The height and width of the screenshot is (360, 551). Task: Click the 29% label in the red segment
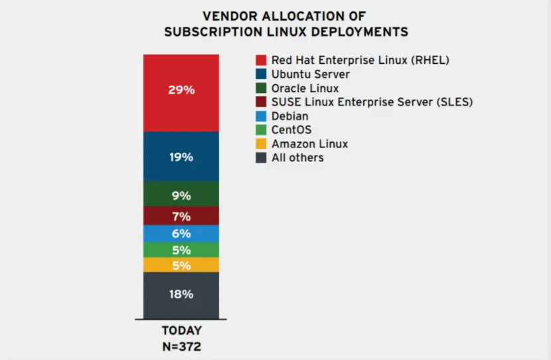tap(181, 90)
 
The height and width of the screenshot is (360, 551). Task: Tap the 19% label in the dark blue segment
tap(181, 157)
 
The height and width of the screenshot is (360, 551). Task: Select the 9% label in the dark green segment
tap(181, 196)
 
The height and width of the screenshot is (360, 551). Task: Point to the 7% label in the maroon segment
tap(181, 217)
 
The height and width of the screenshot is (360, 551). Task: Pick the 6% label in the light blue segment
tap(181, 234)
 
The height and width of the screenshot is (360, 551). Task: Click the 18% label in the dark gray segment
tap(181, 294)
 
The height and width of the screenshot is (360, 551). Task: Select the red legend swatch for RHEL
tap(261, 60)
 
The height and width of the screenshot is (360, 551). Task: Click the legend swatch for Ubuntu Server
tap(261, 74)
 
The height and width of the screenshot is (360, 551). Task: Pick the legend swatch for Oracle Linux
tap(261, 88)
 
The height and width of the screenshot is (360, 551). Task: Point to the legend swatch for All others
tap(261, 158)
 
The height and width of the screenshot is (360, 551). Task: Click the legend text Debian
tap(290, 116)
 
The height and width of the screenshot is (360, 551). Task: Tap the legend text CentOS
tap(291, 130)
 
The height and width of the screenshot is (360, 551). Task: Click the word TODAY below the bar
tap(181, 331)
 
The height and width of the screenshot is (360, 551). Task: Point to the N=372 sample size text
tap(181, 345)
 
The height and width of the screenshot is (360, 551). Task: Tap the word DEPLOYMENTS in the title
tap(361, 31)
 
